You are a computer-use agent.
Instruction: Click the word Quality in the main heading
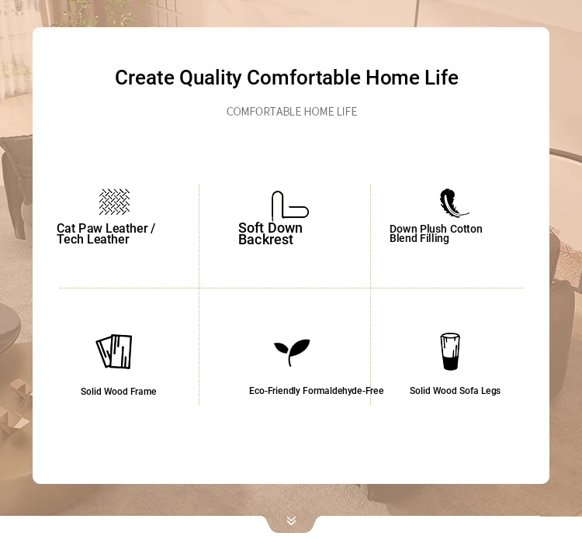coord(210,78)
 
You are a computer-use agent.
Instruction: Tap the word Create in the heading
coord(144,78)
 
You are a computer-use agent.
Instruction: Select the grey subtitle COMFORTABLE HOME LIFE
coord(292,112)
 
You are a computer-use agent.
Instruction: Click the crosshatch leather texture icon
coord(114,202)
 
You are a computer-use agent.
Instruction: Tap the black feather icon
coord(454,202)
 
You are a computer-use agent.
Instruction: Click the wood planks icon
coord(114,351)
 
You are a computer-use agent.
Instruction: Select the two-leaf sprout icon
coord(292,351)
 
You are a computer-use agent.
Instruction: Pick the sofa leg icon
coord(450,351)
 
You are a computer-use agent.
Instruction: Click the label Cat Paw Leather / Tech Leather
coord(106,233)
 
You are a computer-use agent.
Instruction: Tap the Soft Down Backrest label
coord(270,233)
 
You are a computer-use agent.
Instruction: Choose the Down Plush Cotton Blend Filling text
coord(436,233)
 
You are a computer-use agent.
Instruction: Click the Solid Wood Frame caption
coord(119,392)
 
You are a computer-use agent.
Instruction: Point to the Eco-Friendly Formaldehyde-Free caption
coord(317,391)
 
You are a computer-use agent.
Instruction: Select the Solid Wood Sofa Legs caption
coord(455,391)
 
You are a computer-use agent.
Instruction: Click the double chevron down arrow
coord(291,521)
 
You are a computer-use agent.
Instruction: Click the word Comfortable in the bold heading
coord(303,78)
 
